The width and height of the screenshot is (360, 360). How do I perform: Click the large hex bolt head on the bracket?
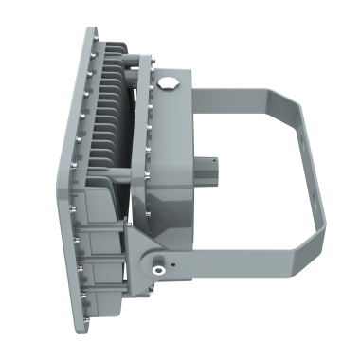[x=171, y=83]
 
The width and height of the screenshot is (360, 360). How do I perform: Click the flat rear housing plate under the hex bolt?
[x=171, y=142]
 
